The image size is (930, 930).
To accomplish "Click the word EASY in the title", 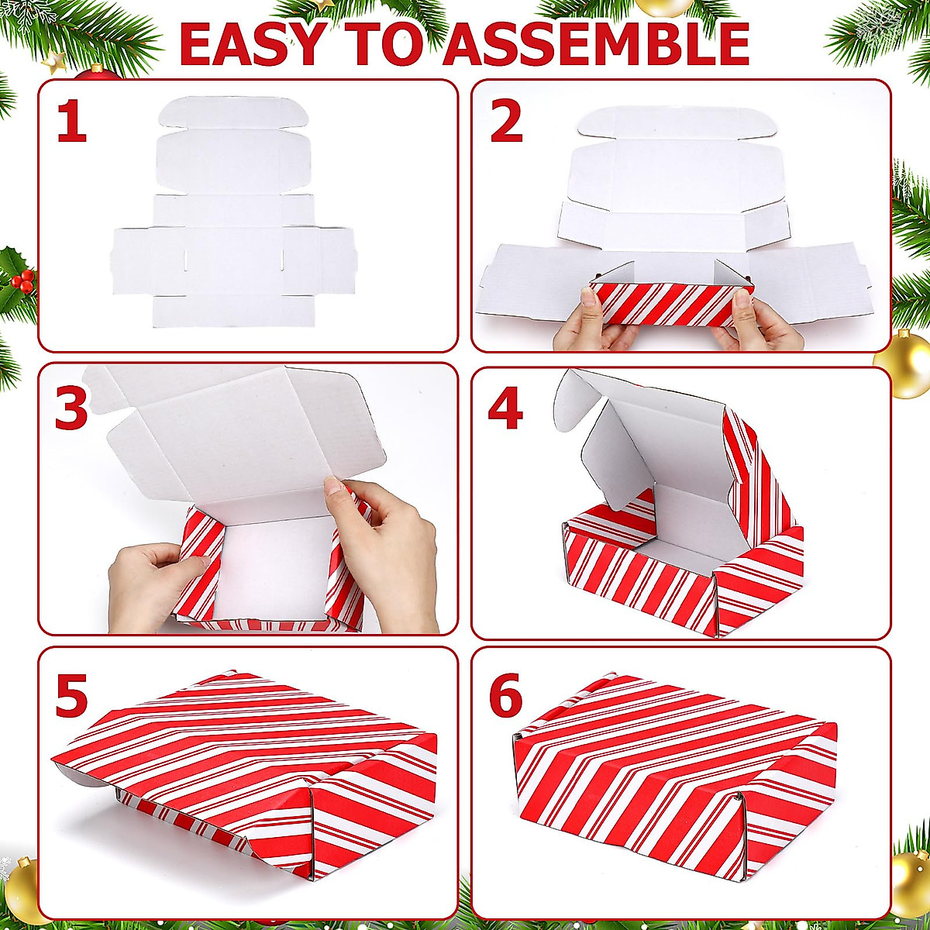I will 251,44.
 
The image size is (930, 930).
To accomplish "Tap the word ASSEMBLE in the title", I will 598,44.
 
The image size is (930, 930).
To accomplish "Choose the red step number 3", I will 71,408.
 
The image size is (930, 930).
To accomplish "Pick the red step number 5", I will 71,695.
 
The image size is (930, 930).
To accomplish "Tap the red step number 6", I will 506,695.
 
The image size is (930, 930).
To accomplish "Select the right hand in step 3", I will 387,542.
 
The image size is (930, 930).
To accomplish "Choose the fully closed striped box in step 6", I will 674,767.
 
